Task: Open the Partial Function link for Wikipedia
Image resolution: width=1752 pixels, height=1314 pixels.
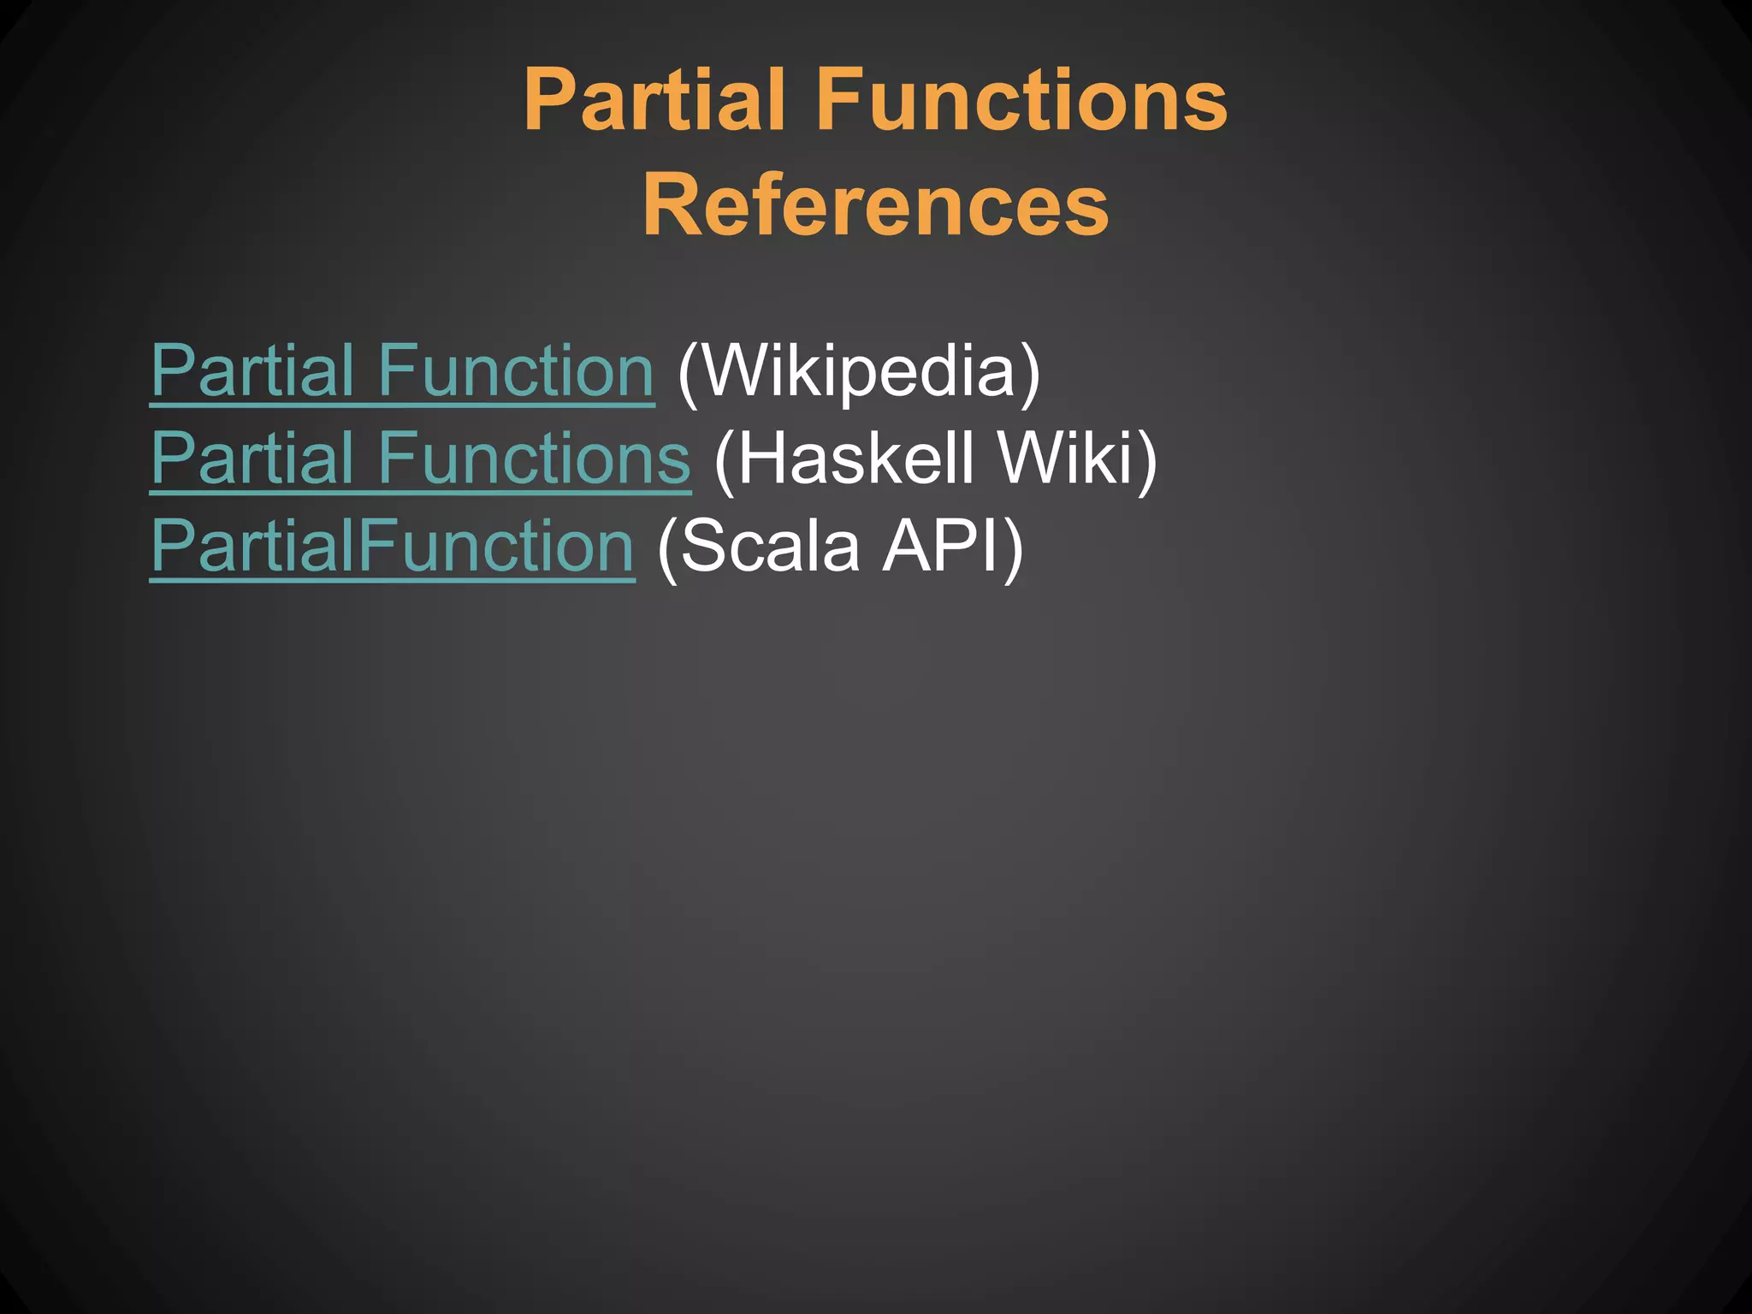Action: click(x=402, y=371)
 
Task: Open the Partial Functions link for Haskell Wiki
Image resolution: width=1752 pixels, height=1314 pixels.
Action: click(x=420, y=459)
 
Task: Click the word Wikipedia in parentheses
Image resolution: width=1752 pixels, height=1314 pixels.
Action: click(x=857, y=371)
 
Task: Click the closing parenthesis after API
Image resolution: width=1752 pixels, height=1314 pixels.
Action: click(x=1013, y=547)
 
